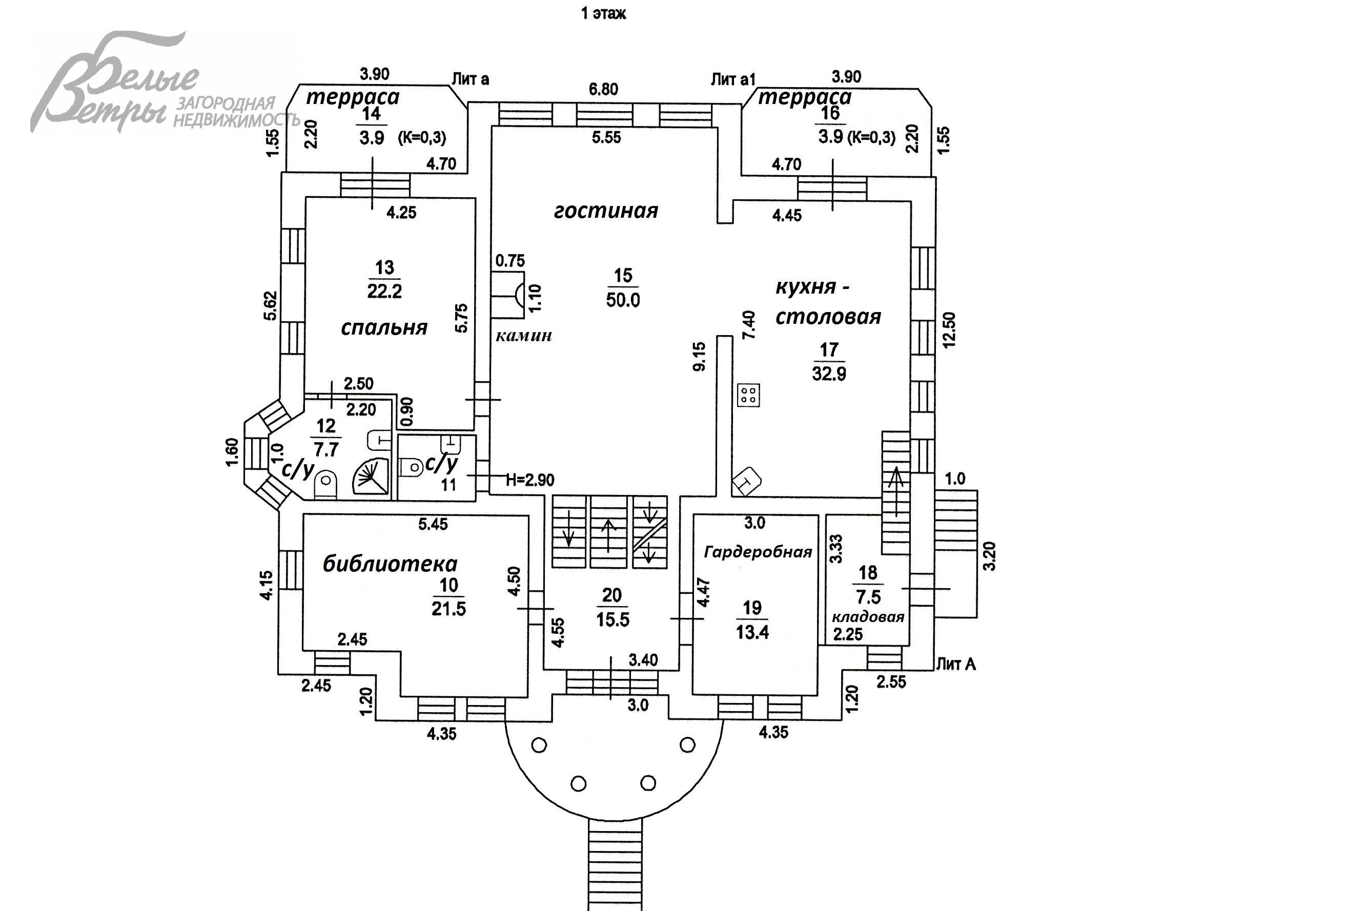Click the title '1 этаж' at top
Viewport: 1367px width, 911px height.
pos(603,13)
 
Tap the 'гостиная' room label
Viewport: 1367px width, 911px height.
pos(606,210)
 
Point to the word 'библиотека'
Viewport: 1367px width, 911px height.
pos(390,564)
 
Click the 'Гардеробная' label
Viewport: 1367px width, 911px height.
pos(758,552)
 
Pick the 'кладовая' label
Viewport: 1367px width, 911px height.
pos(868,617)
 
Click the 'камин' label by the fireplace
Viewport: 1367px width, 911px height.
pos(523,336)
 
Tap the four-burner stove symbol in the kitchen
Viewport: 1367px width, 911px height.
pos(748,395)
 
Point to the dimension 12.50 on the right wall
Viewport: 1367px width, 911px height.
pos(949,330)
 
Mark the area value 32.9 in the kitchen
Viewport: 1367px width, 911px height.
pos(829,374)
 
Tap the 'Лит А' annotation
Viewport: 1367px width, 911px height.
pos(956,664)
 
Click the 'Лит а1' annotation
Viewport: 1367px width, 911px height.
pos(732,79)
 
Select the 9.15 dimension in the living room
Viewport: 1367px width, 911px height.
pos(699,356)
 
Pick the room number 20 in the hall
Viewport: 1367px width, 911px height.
pos(612,595)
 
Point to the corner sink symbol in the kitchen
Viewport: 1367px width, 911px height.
pos(747,481)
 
